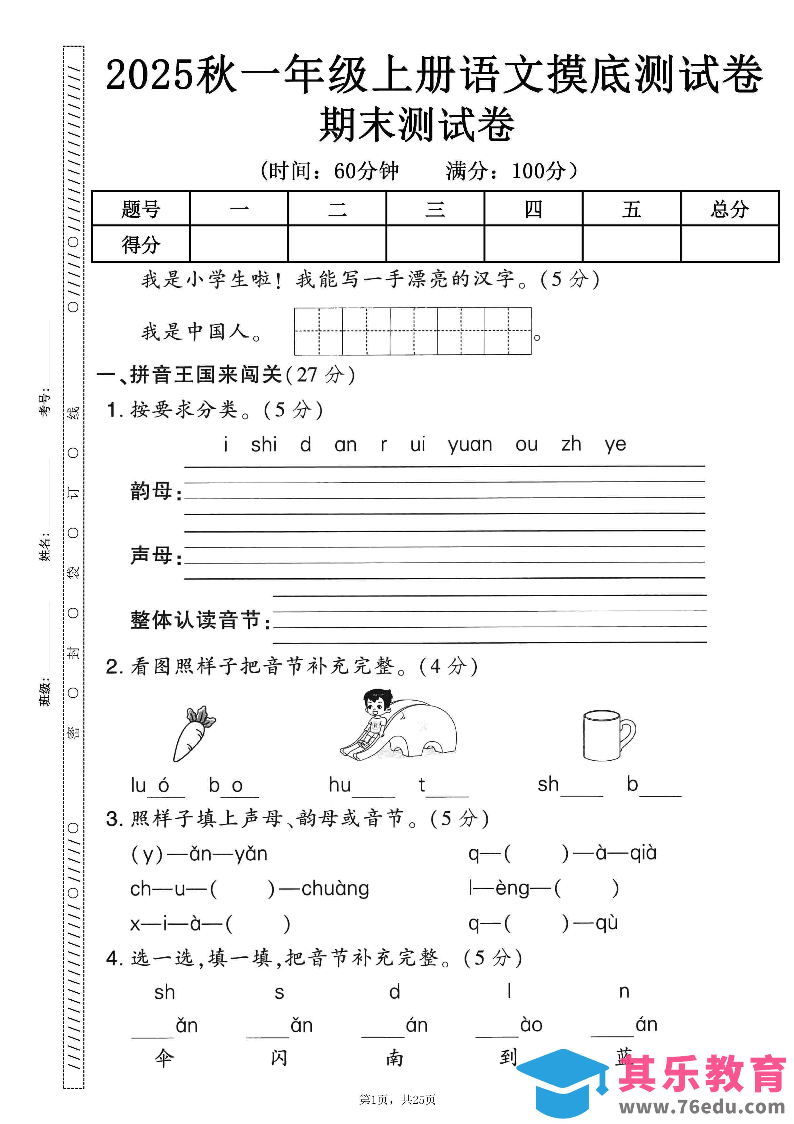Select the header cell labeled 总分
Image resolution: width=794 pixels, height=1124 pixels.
[x=729, y=209]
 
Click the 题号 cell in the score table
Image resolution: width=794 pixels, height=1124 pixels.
[x=141, y=209]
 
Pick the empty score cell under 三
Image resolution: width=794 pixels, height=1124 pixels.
[x=435, y=244]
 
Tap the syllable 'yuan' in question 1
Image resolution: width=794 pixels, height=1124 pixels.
[x=470, y=444]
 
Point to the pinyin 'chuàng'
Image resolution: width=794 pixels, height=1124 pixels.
[x=335, y=888]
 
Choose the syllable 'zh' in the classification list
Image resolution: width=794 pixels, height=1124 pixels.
[x=571, y=444]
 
